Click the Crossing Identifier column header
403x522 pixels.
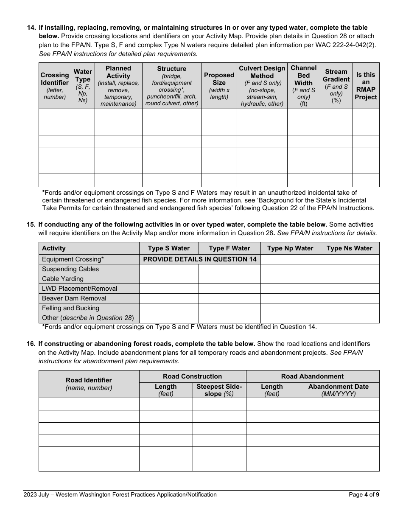pyautogui.click(x=55, y=85)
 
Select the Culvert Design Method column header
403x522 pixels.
pyautogui.click(x=262, y=85)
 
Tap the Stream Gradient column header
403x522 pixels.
pyautogui.click(x=336, y=85)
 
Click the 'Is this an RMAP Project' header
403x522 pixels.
pyautogui.click(x=366, y=85)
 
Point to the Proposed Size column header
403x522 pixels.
pyautogui.click(x=219, y=85)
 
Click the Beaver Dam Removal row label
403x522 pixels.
pyautogui.click(x=74, y=298)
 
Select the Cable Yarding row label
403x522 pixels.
pyautogui.click(x=63, y=279)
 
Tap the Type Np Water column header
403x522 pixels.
pyautogui.click(x=290, y=248)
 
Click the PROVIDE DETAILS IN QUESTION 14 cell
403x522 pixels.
pyautogui.click(x=200, y=259)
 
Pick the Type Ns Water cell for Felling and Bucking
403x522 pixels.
pyautogui.click(x=349, y=308)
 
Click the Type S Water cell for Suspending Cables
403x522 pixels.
pyautogui.click(x=169, y=269)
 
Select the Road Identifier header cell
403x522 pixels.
pyautogui.click(x=89, y=384)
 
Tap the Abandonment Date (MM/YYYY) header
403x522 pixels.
pyautogui.click(x=338, y=390)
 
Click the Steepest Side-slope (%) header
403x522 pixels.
pyautogui.click(x=219, y=390)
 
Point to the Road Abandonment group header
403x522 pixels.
pyautogui.click(x=312, y=376)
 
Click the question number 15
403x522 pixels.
pyautogui.click(x=31, y=225)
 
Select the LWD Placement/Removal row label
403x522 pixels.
pyautogui.click(x=80, y=289)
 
